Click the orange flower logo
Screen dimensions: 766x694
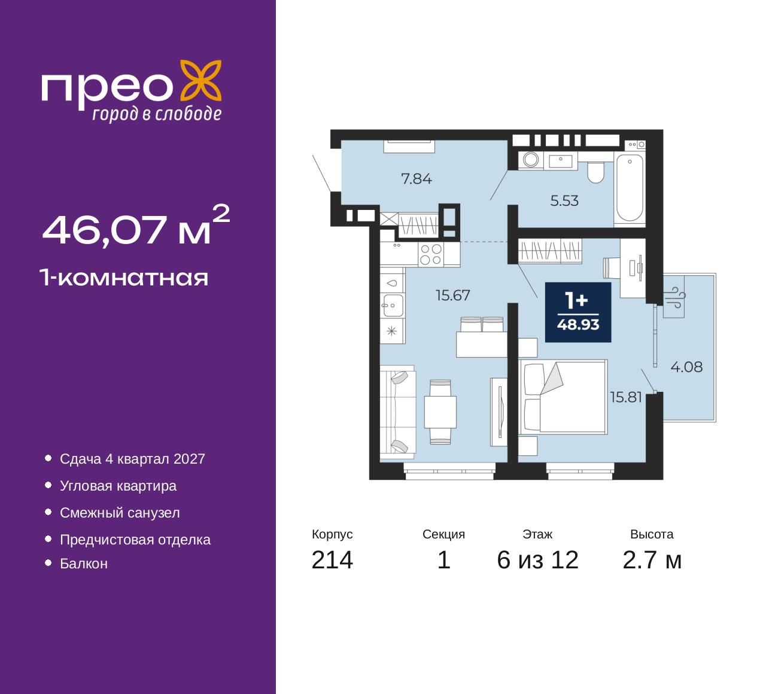pyautogui.click(x=201, y=81)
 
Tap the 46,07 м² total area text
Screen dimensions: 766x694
pyautogui.click(x=136, y=226)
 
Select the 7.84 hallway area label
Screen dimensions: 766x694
pyautogui.click(x=417, y=179)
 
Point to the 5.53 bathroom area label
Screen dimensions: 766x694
pyautogui.click(x=564, y=201)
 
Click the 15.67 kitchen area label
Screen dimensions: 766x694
pyautogui.click(x=453, y=296)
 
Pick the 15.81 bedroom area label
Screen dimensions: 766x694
pyautogui.click(x=626, y=397)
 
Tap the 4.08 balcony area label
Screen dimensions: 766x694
pyautogui.click(x=686, y=367)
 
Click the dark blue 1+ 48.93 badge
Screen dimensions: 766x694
pyautogui.click(x=578, y=312)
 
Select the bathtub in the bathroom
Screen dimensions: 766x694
pyautogui.click(x=630, y=188)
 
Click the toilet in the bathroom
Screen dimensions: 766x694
pyautogui.click(x=595, y=172)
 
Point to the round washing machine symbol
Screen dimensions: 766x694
pyautogui.click(x=531, y=160)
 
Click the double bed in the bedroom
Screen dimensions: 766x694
pyautogui.click(x=563, y=397)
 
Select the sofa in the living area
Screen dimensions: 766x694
pyautogui.click(x=398, y=412)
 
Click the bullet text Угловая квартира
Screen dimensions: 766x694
pyautogui.click(x=118, y=486)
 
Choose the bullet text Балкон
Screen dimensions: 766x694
pyautogui.click(x=84, y=564)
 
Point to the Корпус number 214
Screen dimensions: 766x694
pyautogui.click(x=332, y=560)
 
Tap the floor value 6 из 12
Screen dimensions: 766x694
pyautogui.click(x=537, y=560)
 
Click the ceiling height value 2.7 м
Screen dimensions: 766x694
pyautogui.click(x=652, y=560)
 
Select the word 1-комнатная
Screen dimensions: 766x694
pyautogui.click(x=124, y=278)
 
